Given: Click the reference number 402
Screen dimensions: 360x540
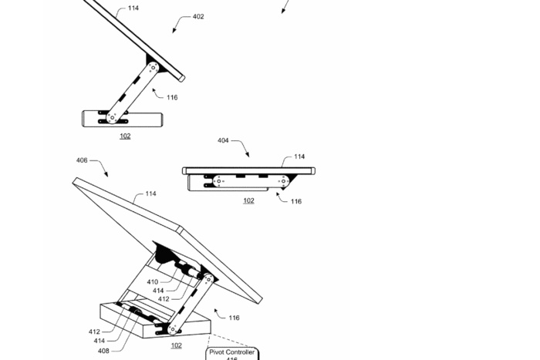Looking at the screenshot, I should click(198, 17).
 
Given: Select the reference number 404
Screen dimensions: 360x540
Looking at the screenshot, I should click(222, 140).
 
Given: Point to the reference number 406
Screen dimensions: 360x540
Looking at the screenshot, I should click(81, 160).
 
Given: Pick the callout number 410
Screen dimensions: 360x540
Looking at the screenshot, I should click(153, 282).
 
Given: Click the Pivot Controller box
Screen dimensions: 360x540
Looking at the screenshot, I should click(231, 354).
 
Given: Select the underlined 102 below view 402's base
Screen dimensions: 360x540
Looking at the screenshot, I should click(125, 136).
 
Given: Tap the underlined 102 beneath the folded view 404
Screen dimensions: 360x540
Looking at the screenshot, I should click(248, 200).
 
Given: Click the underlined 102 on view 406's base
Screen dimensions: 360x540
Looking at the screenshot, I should click(177, 345).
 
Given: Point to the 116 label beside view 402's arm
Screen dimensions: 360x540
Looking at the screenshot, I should click(171, 97).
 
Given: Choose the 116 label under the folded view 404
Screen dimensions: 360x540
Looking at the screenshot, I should click(295, 201).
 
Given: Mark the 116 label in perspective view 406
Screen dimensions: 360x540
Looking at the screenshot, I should click(234, 318).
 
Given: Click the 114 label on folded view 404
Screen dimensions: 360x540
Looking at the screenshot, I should click(299, 156).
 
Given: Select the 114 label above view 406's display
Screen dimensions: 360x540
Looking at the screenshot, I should click(151, 194).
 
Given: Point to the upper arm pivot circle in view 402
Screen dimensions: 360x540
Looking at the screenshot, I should click(154, 69).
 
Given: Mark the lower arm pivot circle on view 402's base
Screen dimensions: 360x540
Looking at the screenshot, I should click(113, 118).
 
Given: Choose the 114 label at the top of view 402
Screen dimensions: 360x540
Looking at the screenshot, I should click(133, 8).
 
